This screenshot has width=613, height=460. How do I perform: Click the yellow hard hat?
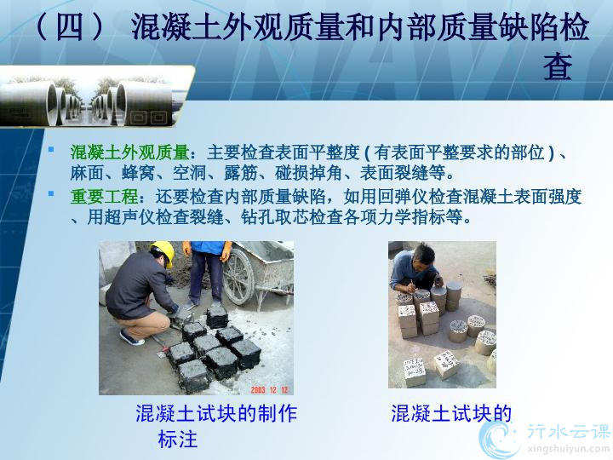click(x=163, y=252)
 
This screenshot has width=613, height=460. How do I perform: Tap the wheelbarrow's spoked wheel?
click(x=239, y=276)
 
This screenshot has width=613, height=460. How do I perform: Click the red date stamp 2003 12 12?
click(x=269, y=389)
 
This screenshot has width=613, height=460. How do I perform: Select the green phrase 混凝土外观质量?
click(x=129, y=152)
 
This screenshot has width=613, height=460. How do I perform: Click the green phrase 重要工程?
click(x=105, y=197)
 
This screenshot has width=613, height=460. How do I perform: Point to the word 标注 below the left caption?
click(x=178, y=439)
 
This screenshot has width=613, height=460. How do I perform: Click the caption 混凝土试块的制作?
click(x=216, y=413)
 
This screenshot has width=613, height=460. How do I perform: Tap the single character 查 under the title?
click(x=559, y=66)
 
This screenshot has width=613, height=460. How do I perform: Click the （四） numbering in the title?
click(x=70, y=26)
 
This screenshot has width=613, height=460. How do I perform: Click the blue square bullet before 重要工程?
click(x=51, y=193)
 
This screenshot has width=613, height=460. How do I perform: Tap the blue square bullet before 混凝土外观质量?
click(x=51, y=148)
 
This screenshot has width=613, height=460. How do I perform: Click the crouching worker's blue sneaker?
click(x=131, y=338)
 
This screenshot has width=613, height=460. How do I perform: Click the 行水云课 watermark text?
click(x=569, y=432)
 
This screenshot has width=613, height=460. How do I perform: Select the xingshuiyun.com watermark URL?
click(x=569, y=447)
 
